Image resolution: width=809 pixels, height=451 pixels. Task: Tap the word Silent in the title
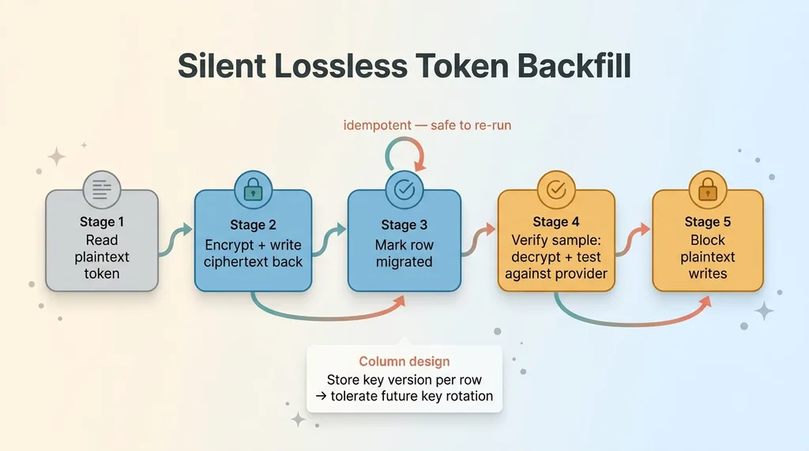(x=222, y=66)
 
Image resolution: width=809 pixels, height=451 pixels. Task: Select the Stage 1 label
(x=102, y=222)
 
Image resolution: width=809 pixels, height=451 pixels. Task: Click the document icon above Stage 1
(x=102, y=190)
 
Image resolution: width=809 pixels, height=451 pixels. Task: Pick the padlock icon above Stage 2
(x=253, y=190)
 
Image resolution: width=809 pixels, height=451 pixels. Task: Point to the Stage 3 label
(x=404, y=225)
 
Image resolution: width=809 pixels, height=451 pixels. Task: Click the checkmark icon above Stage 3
(x=404, y=190)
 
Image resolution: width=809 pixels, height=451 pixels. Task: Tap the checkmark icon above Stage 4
(x=556, y=190)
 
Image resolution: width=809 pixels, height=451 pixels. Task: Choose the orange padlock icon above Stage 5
(x=707, y=190)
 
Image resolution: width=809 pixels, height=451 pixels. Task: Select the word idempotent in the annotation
(x=377, y=126)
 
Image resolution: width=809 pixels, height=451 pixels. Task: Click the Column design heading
(x=404, y=361)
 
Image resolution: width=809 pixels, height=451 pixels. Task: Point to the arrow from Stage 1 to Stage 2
(x=175, y=239)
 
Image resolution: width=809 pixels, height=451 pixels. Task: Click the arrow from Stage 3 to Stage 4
(x=478, y=239)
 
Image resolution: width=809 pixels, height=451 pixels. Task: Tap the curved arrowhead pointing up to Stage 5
(x=705, y=303)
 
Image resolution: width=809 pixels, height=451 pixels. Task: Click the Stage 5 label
(x=707, y=222)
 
